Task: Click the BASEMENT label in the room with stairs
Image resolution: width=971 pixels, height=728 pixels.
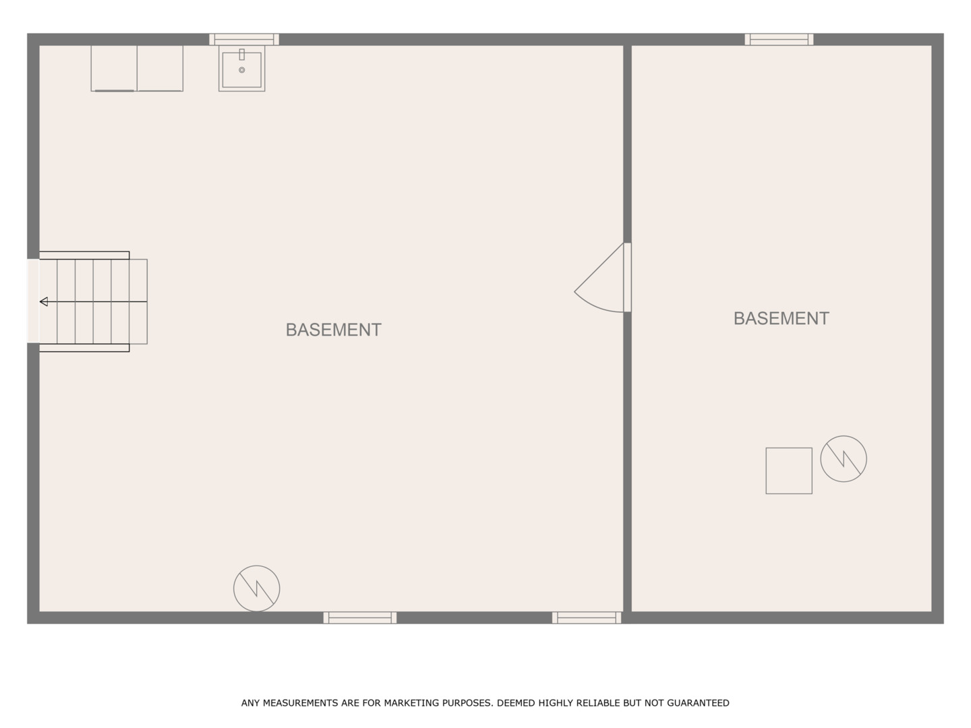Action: (333, 330)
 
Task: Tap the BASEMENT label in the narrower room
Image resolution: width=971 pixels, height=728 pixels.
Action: (781, 318)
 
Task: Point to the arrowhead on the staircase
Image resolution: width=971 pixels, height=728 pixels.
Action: (44, 301)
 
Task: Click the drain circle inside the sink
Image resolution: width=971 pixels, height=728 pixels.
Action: (241, 70)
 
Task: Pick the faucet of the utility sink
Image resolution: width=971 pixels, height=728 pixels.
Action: (241, 55)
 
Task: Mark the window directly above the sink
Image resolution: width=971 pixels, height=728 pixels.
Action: (243, 39)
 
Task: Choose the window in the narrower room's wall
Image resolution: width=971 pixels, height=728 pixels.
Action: (779, 39)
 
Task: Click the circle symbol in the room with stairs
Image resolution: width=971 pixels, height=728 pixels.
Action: (256, 588)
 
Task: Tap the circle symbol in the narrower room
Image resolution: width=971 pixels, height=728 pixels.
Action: (843, 459)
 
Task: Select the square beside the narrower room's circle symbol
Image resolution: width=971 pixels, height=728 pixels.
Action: (788, 471)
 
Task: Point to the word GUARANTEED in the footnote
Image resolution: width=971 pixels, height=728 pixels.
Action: (698, 703)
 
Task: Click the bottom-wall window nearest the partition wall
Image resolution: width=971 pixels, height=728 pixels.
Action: (586, 617)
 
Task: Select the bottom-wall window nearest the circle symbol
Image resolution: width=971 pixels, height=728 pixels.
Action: (359, 617)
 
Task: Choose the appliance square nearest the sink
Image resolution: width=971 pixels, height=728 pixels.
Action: (160, 68)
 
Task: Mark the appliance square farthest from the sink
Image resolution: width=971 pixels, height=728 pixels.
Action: (114, 68)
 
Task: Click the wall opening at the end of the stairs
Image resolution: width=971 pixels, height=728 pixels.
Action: (33, 301)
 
